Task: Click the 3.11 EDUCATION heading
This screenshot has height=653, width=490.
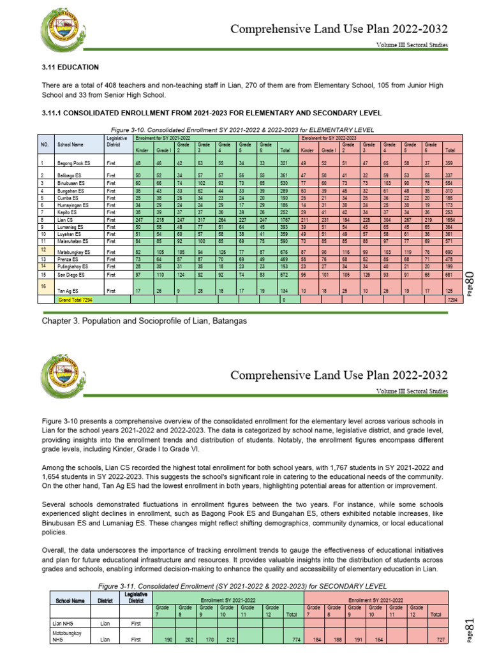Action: click(x=70, y=67)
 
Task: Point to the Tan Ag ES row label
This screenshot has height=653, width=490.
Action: click(x=68, y=290)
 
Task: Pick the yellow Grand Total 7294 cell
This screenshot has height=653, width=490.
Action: click(x=76, y=298)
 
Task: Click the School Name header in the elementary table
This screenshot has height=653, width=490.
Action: click(x=70, y=144)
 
